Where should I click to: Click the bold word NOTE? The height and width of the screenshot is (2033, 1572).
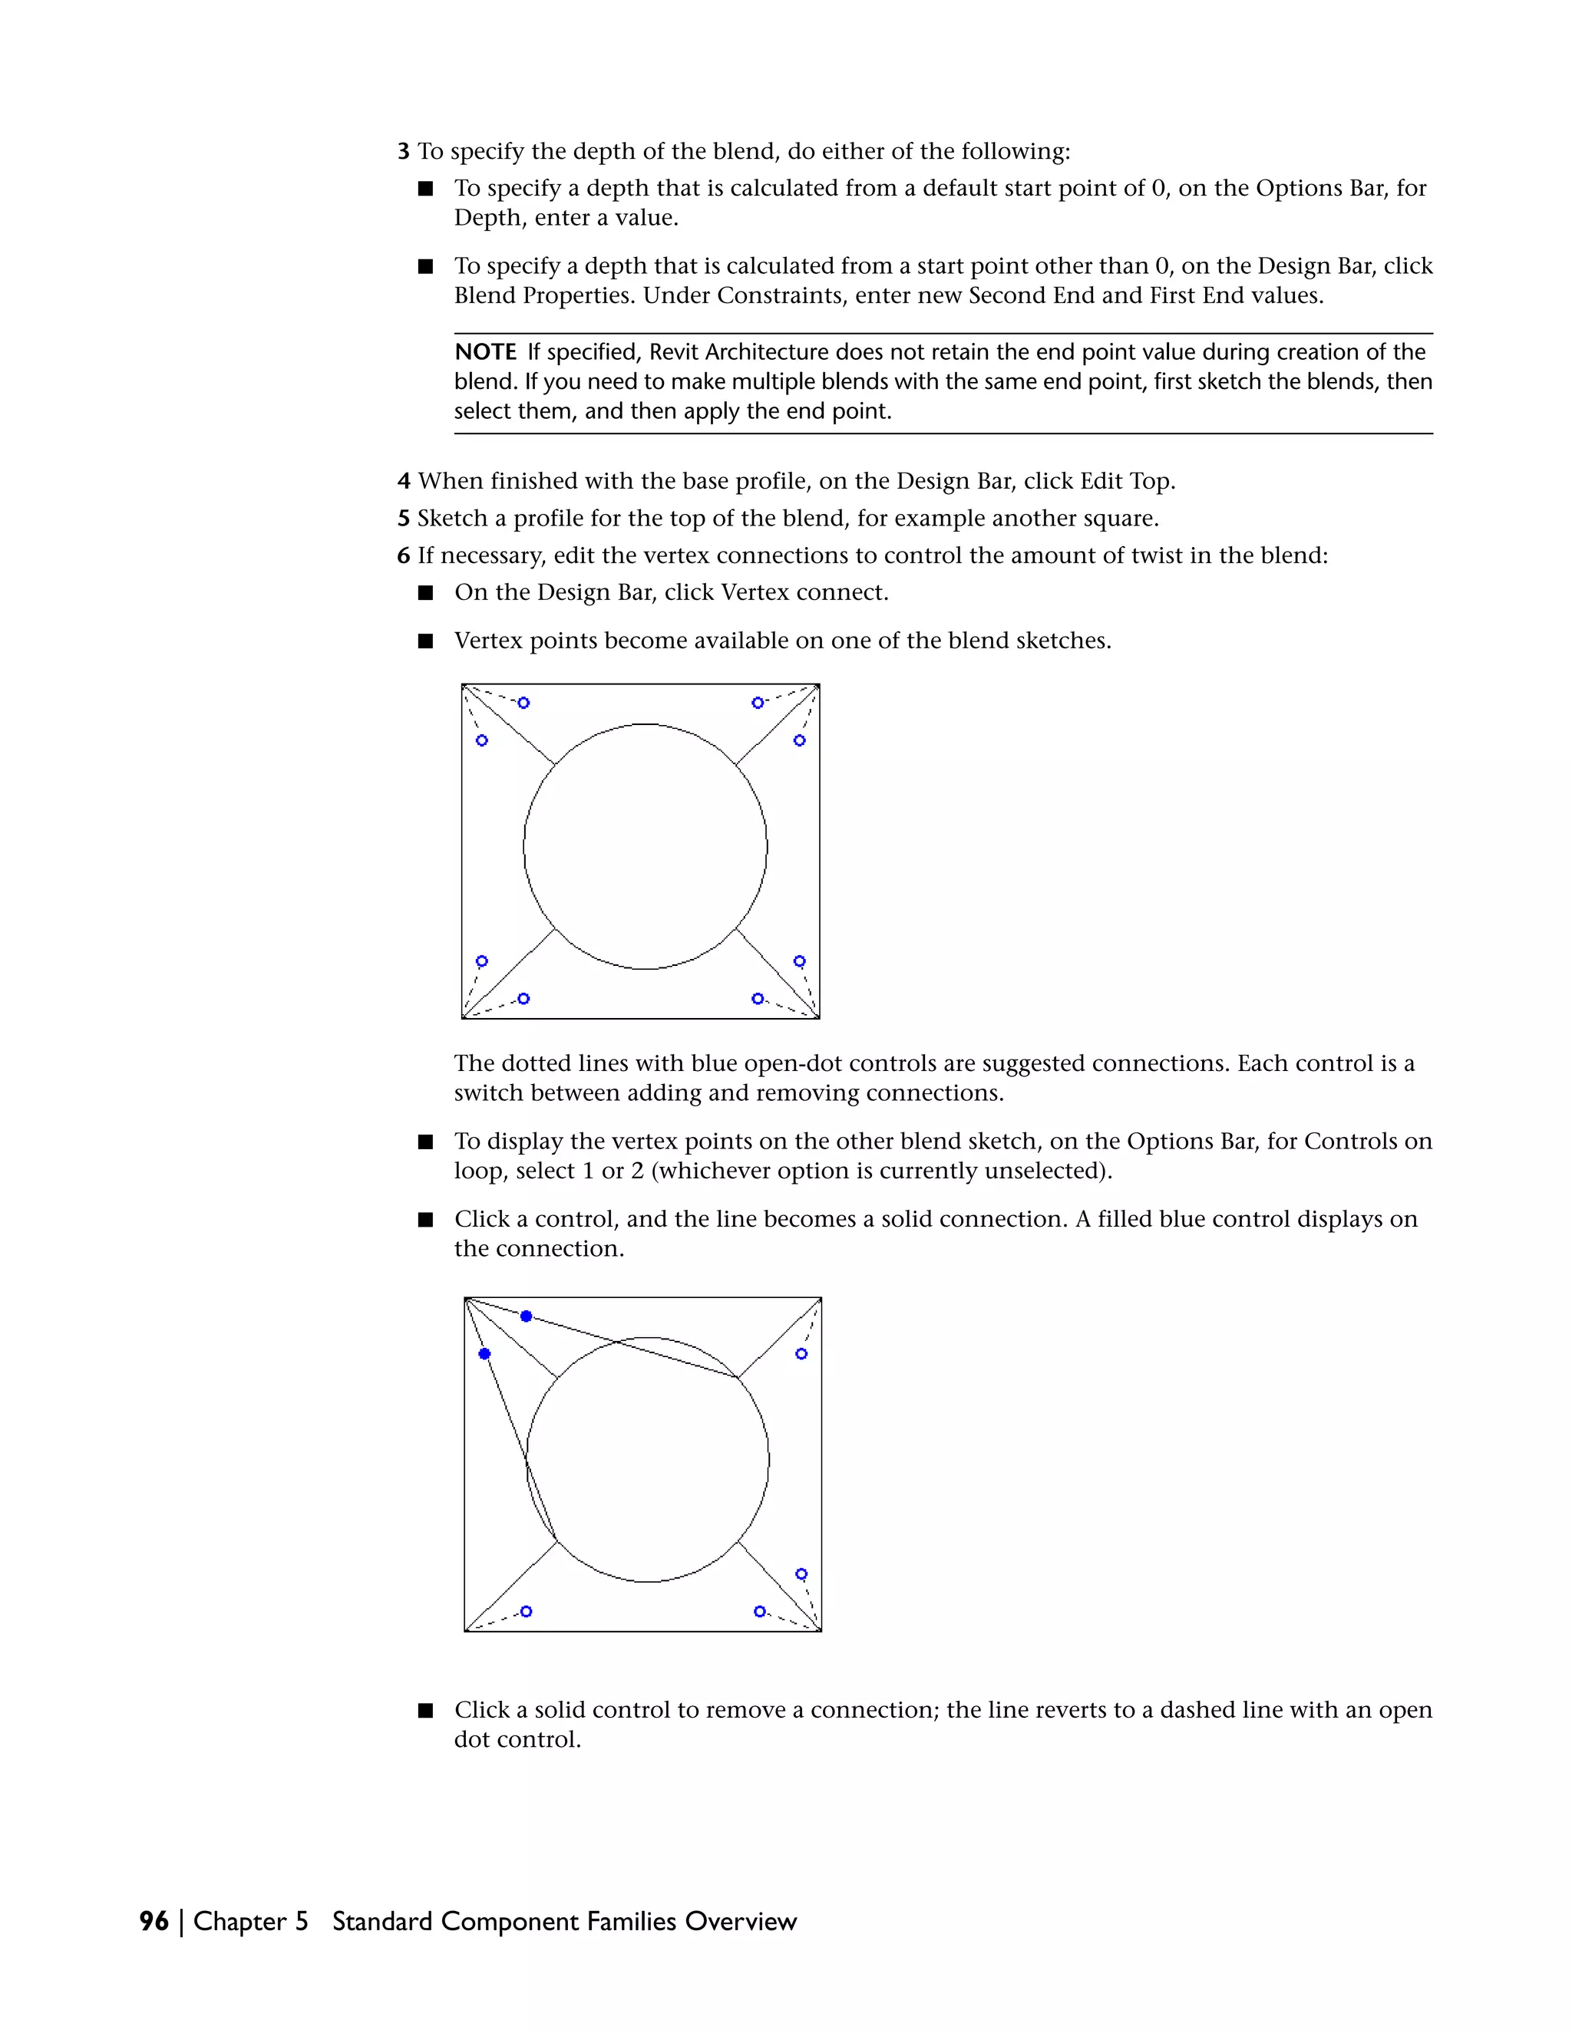coord(485,352)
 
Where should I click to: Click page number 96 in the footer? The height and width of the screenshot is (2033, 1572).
coord(154,1921)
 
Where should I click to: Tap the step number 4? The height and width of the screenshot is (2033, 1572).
coord(403,481)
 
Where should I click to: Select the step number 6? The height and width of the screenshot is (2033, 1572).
coord(403,555)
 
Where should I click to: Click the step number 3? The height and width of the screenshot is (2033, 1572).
coord(403,151)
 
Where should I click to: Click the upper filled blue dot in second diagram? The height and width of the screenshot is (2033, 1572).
coord(526,1316)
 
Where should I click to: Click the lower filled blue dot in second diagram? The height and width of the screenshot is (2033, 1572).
coord(484,1353)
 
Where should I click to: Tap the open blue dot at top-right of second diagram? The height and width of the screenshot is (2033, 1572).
coord(801,1353)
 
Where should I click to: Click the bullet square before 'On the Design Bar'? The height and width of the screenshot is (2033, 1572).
coord(425,593)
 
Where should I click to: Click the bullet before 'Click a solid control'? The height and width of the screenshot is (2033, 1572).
coord(425,1710)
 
